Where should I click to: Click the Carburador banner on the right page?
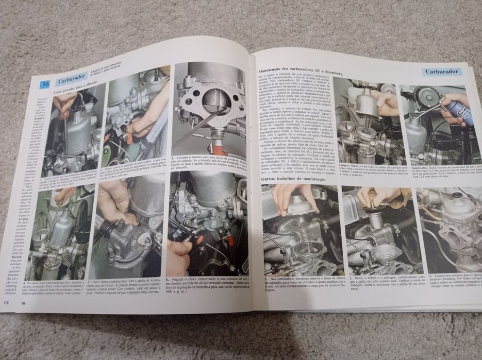[442, 72]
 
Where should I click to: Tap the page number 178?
[6, 302]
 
